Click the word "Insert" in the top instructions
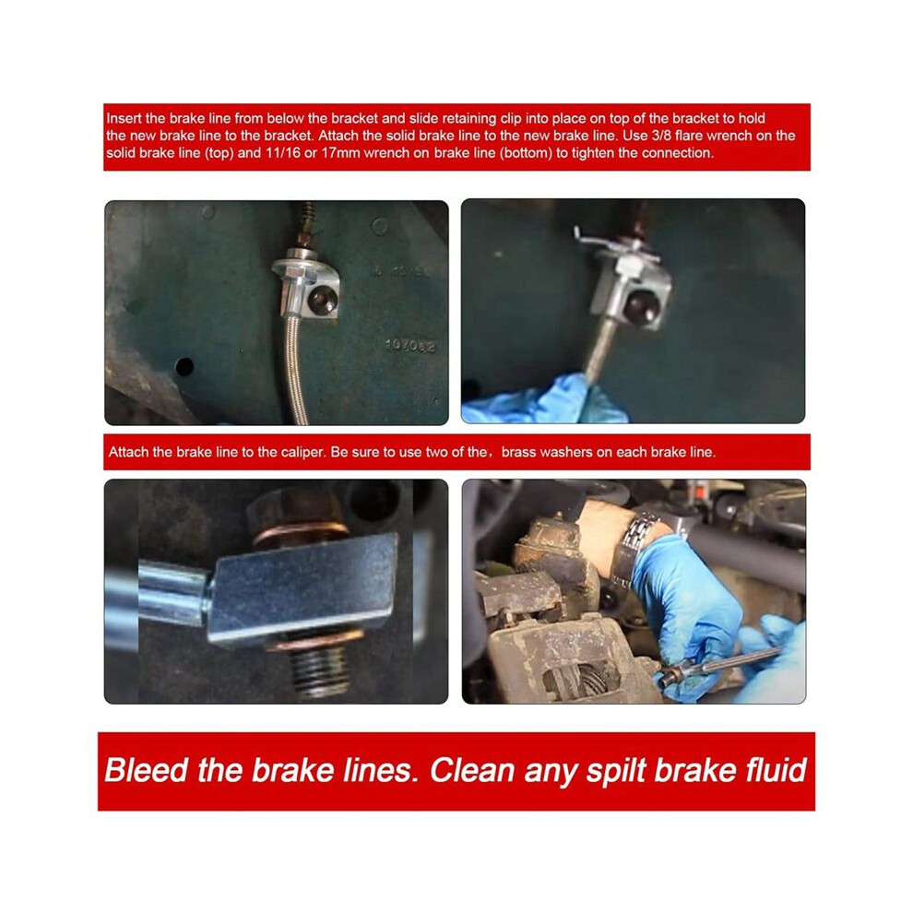124,118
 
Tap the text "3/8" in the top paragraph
660,136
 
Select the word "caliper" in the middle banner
302,452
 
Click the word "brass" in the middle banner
517,452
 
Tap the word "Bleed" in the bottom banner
146,770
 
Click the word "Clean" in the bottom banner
473,770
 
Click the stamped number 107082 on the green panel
410,346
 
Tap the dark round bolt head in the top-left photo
322,301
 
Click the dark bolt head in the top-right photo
641,304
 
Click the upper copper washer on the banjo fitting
301,531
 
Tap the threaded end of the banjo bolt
319,670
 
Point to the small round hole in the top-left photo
184,367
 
